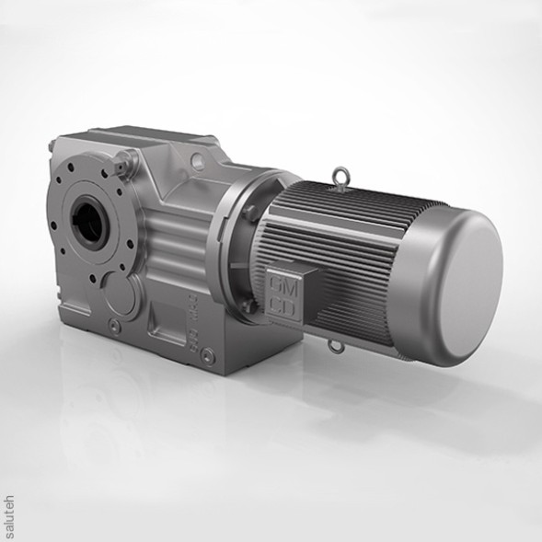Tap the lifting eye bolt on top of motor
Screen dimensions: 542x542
click(x=341, y=174)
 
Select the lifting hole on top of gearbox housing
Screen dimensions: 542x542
click(x=196, y=161)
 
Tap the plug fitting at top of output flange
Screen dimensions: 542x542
click(x=121, y=167)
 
